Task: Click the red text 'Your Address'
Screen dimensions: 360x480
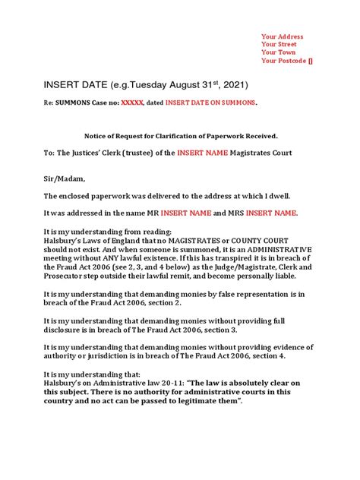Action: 282,36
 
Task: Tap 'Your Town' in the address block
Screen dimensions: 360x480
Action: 277,53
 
